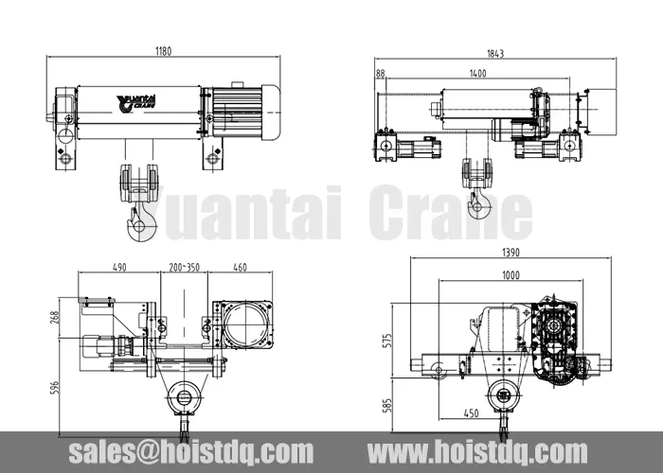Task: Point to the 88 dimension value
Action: click(x=381, y=72)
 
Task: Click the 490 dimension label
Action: click(x=119, y=268)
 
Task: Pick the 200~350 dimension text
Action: click(x=185, y=268)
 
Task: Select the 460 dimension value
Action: click(x=240, y=268)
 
